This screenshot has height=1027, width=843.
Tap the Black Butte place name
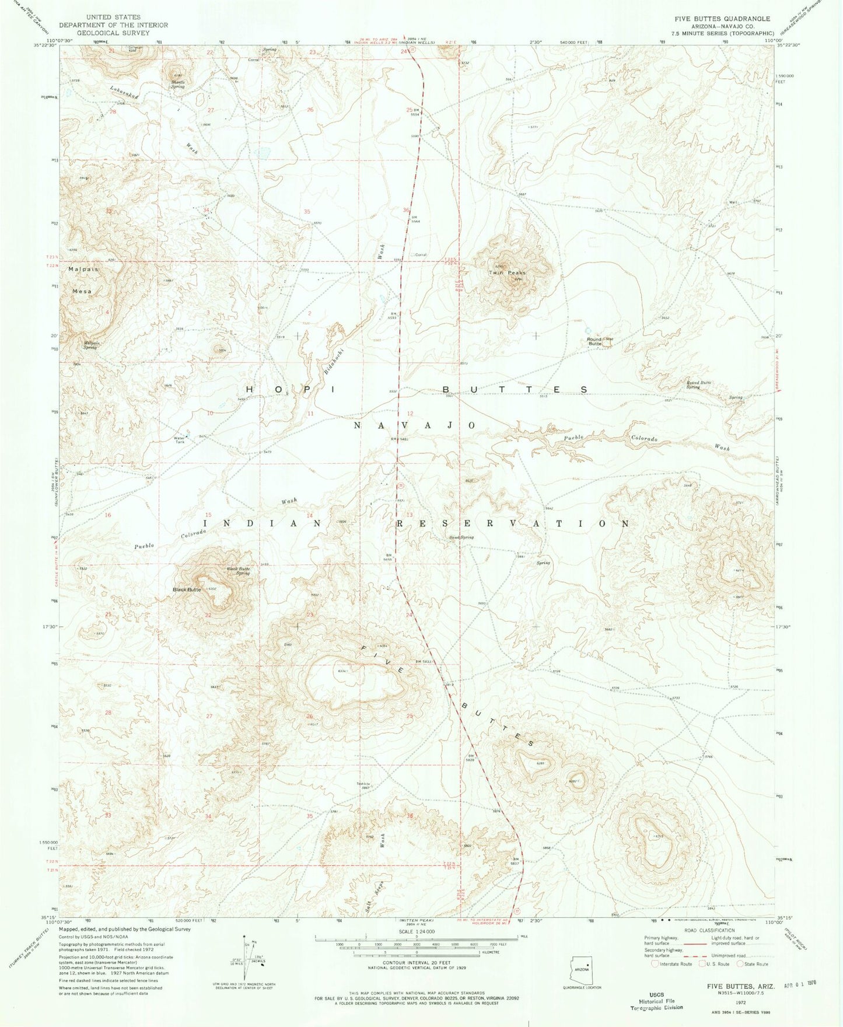pyautogui.click(x=187, y=590)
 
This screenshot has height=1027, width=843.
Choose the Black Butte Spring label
pyautogui.click(x=238, y=571)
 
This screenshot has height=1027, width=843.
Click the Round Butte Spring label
pyautogui.click(x=700, y=385)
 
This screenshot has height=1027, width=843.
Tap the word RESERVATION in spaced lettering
pyautogui.click(x=513, y=523)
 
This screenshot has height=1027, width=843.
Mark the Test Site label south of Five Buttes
pyautogui.click(x=364, y=785)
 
